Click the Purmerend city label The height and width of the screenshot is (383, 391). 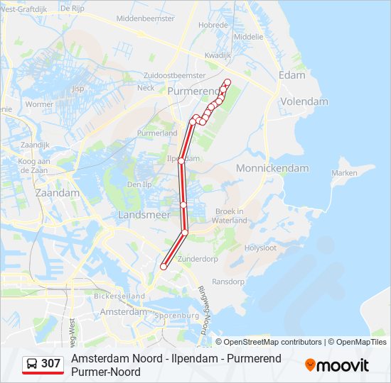[194, 91]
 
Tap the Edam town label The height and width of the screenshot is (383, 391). [292, 75]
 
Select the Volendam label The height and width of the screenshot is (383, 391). [304, 101]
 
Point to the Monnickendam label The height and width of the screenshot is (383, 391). [272, 168]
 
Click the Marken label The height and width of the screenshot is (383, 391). [344, 172]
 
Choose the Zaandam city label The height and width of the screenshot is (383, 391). [57, 193]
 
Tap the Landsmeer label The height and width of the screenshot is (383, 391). [144, 214]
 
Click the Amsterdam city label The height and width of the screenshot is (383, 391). [124, 311]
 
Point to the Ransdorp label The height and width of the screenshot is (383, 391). [228, 282]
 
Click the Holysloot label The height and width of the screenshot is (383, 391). [261, 248]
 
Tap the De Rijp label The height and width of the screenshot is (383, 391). [73, 9]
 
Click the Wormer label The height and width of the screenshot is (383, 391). [39, 104]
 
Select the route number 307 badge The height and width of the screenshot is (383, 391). [43, 364]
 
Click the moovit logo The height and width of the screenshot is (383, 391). [337, 365]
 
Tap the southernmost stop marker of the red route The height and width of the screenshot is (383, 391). [164, 267]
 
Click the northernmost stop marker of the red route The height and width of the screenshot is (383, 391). [227, 82]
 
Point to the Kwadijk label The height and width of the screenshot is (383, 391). [218, 55]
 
